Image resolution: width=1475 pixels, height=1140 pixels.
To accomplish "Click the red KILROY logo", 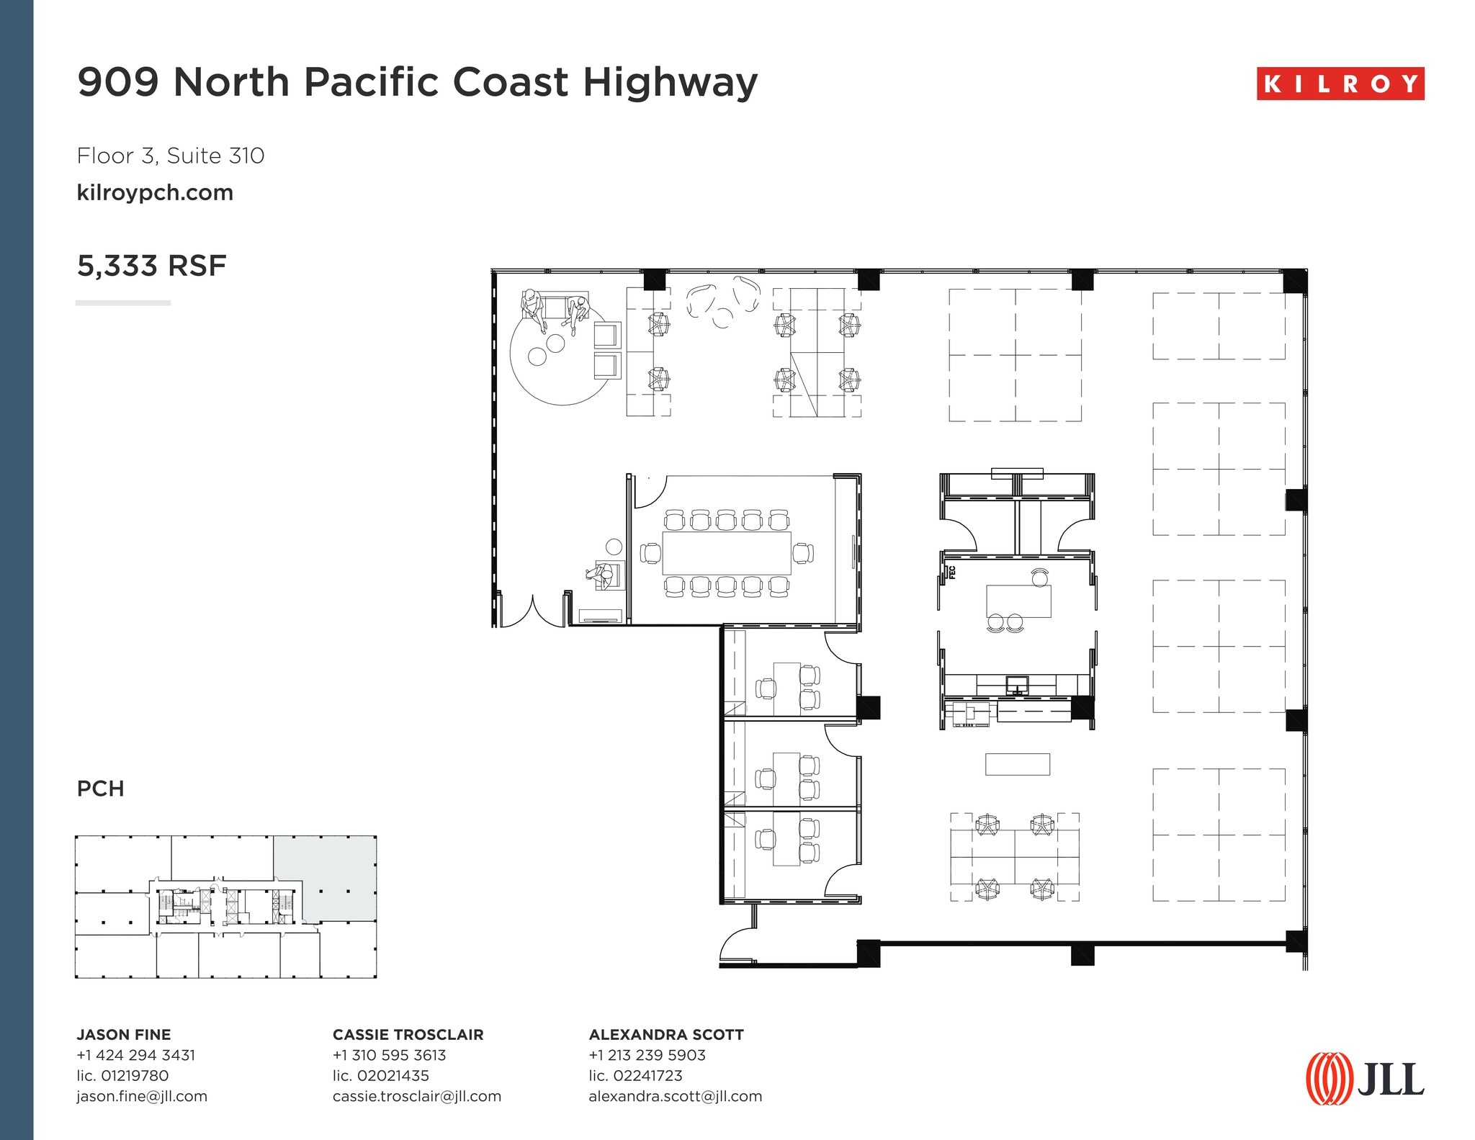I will point(1340,84).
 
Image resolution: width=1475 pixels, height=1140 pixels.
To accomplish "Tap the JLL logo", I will point(1365,1078).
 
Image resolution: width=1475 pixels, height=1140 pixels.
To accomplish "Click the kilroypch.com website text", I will point(155,192).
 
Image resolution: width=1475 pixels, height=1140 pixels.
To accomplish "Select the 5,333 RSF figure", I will point(151,266).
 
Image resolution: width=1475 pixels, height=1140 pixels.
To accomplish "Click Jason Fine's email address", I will point(142,1096).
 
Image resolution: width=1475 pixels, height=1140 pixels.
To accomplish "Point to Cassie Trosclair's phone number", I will point(389,1055).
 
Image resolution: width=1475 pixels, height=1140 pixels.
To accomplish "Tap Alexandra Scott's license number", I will point(635,1075).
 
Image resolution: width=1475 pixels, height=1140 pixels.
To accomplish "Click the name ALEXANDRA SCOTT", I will point(666,1034).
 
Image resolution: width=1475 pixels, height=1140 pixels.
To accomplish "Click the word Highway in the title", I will point(670,81).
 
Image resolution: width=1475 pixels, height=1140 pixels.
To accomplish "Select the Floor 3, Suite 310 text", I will point(171,156).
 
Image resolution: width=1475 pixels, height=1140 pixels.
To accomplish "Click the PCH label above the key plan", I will point(100,789).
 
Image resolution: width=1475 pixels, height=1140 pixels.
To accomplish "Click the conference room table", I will point(726,552).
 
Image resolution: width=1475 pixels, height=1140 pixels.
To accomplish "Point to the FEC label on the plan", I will point(951,573).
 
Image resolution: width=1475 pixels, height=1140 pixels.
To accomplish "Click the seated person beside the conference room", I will point(601,575).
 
